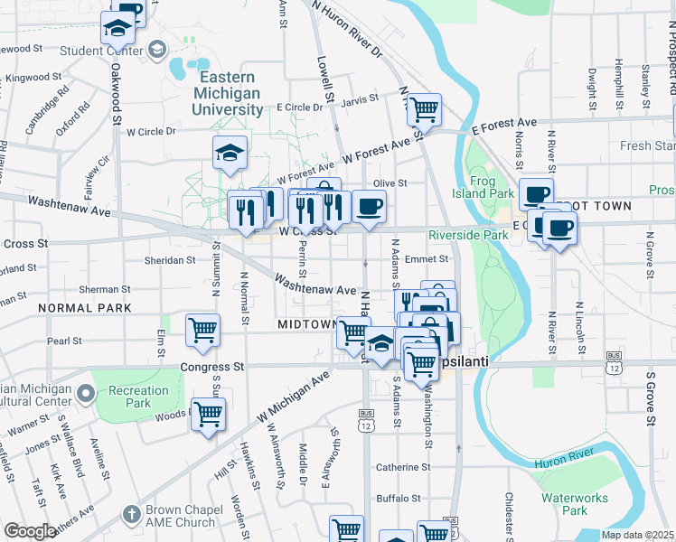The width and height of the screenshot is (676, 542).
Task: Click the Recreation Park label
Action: point(138,397)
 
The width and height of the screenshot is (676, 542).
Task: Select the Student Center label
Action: point(101,51)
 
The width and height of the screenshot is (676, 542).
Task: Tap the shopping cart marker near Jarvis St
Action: point(423,109)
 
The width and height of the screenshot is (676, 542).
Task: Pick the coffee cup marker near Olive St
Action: point(368,206)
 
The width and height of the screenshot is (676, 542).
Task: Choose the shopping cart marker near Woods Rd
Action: point(209,414)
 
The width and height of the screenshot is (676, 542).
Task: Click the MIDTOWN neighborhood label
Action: point(306,324)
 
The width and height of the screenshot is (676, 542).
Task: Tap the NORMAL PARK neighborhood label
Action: point(85,308)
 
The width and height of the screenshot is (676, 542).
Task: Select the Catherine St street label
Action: point(404,467)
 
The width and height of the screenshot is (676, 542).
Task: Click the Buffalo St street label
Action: point(399,498)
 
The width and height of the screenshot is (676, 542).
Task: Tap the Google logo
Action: point(30,531)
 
